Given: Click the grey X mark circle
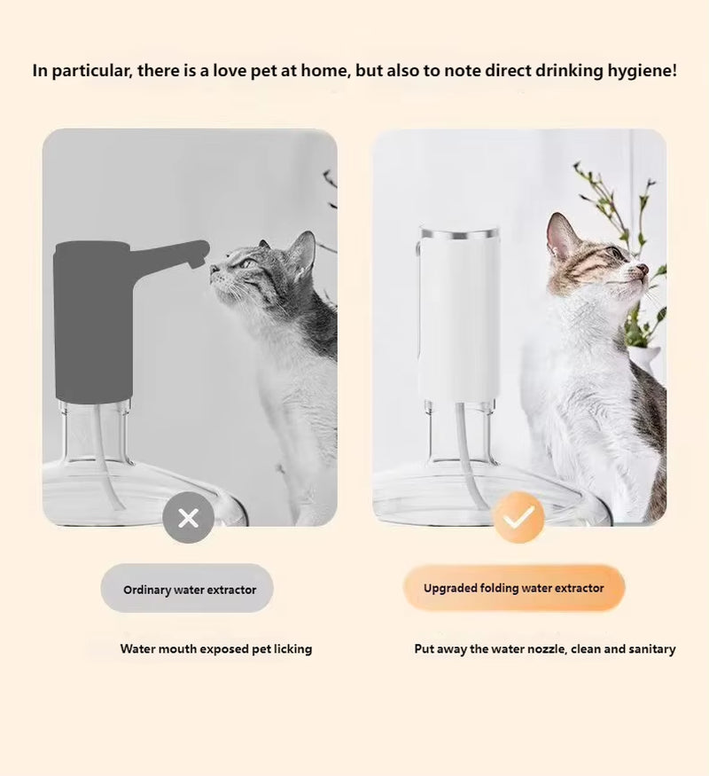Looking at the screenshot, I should point(188,517).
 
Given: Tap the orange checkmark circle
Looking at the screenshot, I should point(518,517).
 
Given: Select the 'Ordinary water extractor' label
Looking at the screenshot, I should point(188,589).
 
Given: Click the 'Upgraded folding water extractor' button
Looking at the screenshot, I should point(514,588).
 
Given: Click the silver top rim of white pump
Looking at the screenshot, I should point(459,233).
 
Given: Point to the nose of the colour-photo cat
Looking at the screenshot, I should point(643,268).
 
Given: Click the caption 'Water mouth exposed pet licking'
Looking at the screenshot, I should point(216,649).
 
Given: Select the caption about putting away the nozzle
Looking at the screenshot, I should point(544,649).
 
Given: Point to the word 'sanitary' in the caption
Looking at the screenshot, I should point(649,649).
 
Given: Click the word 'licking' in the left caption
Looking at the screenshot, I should point(291,649).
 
